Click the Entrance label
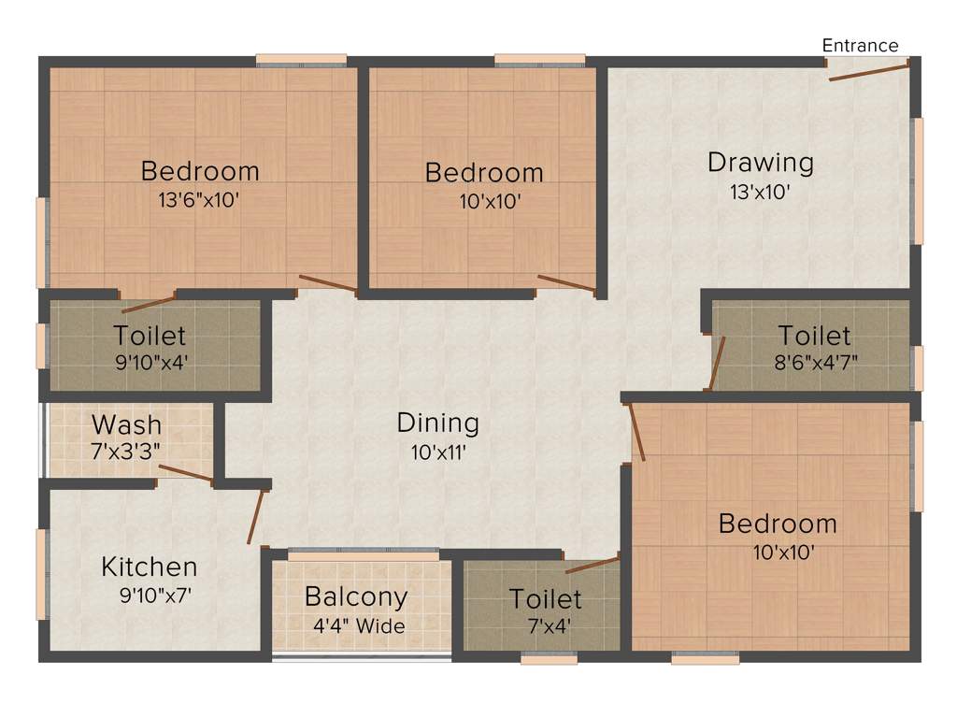coord(860,45)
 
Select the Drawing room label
coord(760,162)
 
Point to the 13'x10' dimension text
coord(761,193)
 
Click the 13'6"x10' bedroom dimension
coord(199,200)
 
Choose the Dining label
coord(437,423)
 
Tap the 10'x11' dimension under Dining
coord(437,453)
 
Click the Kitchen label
coord(150,567)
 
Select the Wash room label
coord(126,424)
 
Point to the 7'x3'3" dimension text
coord(126,450)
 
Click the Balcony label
coord(356,596)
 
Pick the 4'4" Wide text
coord(359,626)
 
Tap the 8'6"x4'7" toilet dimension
coord(814,362)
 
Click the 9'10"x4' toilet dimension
coord(150,361)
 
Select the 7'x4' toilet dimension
coord(545,625)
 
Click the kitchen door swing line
coord(255,515)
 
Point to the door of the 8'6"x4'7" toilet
coord(717,362)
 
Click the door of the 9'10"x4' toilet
coord(148,304)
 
